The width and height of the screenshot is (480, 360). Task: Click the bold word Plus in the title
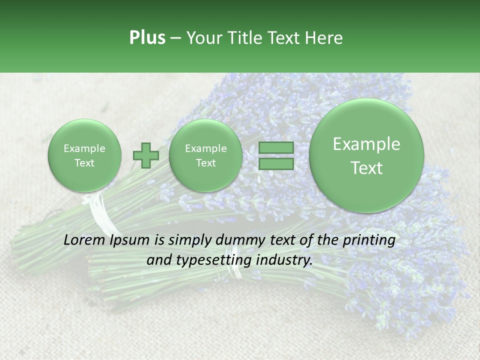[x=147, y=38]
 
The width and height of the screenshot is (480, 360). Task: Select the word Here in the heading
[x=325, y=38]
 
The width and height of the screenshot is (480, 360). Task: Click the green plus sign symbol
[x=146, y=155]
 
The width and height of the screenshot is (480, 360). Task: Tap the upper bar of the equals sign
[x=276, y=148]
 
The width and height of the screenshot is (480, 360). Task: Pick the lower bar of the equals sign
[x=276, y=164]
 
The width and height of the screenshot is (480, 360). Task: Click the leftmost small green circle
[x=84, y=155]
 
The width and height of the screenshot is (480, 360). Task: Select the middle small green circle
[x=205, y=155]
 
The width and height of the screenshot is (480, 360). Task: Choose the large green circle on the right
[x=366, y=155]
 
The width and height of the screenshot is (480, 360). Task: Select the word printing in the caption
[x=369, y=240]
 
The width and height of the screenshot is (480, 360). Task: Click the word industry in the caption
[x=287, y=260]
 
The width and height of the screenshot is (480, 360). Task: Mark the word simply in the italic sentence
[x=190, y=240]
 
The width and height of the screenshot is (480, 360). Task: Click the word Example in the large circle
[x=366, y=144]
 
